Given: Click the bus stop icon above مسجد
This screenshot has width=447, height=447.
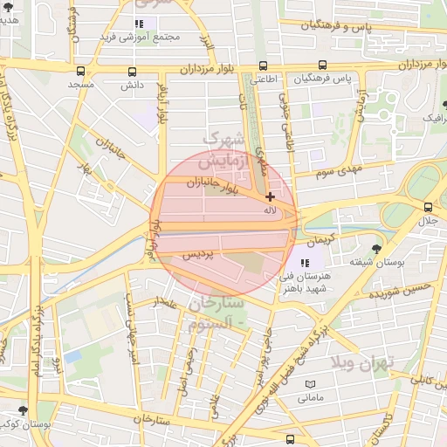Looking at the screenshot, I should [x=81, y=71].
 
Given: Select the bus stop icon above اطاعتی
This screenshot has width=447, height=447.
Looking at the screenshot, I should [x=264, y=65].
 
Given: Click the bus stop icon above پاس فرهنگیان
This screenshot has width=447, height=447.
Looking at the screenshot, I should [x=323, y=65].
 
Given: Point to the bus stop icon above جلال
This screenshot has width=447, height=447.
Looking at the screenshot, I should [x=428, y=207].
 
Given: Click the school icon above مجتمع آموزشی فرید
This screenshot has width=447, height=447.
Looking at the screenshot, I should [x=139, y=24].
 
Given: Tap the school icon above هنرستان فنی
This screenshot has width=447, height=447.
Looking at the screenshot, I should [x=305, y=261].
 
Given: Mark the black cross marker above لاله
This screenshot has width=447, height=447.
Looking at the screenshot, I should [x=270, y=197].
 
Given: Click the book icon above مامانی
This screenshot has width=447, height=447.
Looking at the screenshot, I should [x=310, y=384].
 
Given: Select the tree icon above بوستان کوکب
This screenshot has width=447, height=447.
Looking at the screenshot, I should [x=22, y=409].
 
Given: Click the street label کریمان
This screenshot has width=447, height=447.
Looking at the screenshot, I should [x=320, y=239].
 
